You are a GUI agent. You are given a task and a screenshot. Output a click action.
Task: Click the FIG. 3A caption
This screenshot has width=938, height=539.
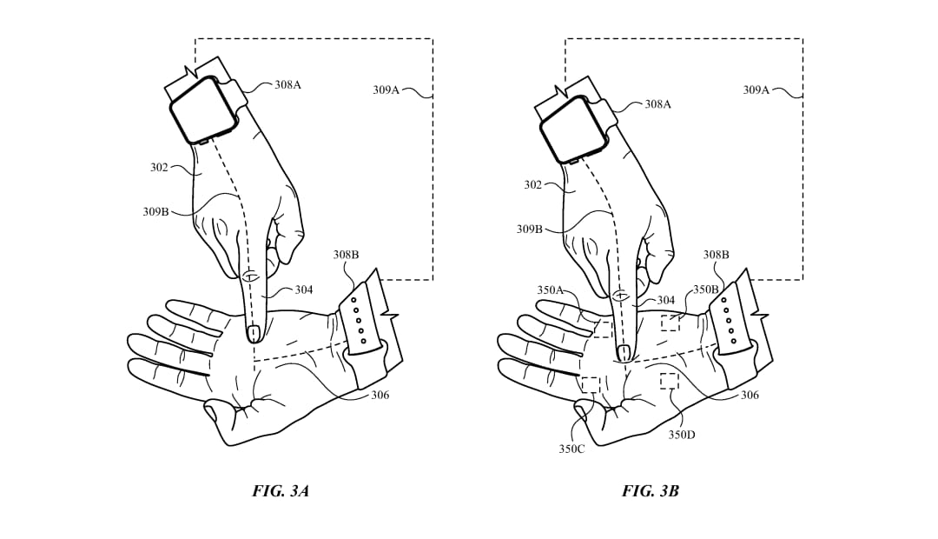tap(280, 492)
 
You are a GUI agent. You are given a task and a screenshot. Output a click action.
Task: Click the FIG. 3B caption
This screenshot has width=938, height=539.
tap(651, 492)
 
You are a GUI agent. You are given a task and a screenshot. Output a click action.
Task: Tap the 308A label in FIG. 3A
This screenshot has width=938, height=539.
tap(287, 85)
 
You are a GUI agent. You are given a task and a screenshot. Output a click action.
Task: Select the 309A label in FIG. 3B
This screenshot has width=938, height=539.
tap(756, 90)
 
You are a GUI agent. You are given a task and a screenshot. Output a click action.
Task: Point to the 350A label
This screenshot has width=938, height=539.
tap(551, 290)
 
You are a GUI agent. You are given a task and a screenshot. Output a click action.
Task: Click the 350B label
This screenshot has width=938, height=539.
tap(706, 289)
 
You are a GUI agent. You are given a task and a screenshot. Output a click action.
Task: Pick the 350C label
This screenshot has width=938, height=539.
tap(571, 449)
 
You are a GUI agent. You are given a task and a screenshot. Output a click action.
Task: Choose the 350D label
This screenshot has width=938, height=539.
tap(682, 435)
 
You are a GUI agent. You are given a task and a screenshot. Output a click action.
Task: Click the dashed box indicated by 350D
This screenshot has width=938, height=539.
tap(669, 381)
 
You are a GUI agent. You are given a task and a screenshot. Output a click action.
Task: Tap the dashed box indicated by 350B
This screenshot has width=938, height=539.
tap(670, 323)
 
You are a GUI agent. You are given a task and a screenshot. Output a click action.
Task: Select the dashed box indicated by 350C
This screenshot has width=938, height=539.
tap(591, 384)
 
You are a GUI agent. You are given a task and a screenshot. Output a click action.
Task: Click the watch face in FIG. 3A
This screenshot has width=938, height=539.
tap(202, 109)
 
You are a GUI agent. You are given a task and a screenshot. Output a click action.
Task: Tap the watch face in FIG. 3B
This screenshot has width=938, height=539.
tap(572, 128)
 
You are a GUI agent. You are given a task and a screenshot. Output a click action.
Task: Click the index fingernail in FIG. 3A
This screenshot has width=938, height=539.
tap(253, 332)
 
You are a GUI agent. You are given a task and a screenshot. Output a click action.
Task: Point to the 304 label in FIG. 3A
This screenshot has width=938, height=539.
tap(304, 290)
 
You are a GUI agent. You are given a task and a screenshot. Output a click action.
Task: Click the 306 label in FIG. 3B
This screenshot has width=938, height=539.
tap(750, 396)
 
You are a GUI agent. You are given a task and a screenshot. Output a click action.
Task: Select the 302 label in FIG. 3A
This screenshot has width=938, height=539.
tap(159, 169)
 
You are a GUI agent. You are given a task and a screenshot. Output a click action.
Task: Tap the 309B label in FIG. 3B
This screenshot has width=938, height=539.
tap(530, 229)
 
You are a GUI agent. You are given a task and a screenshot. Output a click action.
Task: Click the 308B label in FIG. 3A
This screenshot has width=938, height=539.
tap(346, 255)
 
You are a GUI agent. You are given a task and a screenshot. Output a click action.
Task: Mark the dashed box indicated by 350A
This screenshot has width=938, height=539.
tap(604, 329)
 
